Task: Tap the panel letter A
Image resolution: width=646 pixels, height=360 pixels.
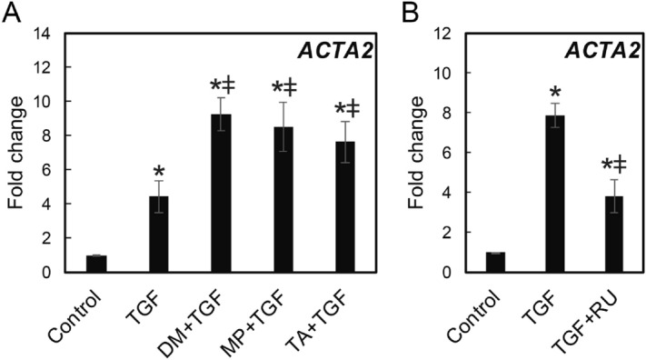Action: click(13, 12)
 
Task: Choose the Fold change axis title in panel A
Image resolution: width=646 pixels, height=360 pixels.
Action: click(15, 153)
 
